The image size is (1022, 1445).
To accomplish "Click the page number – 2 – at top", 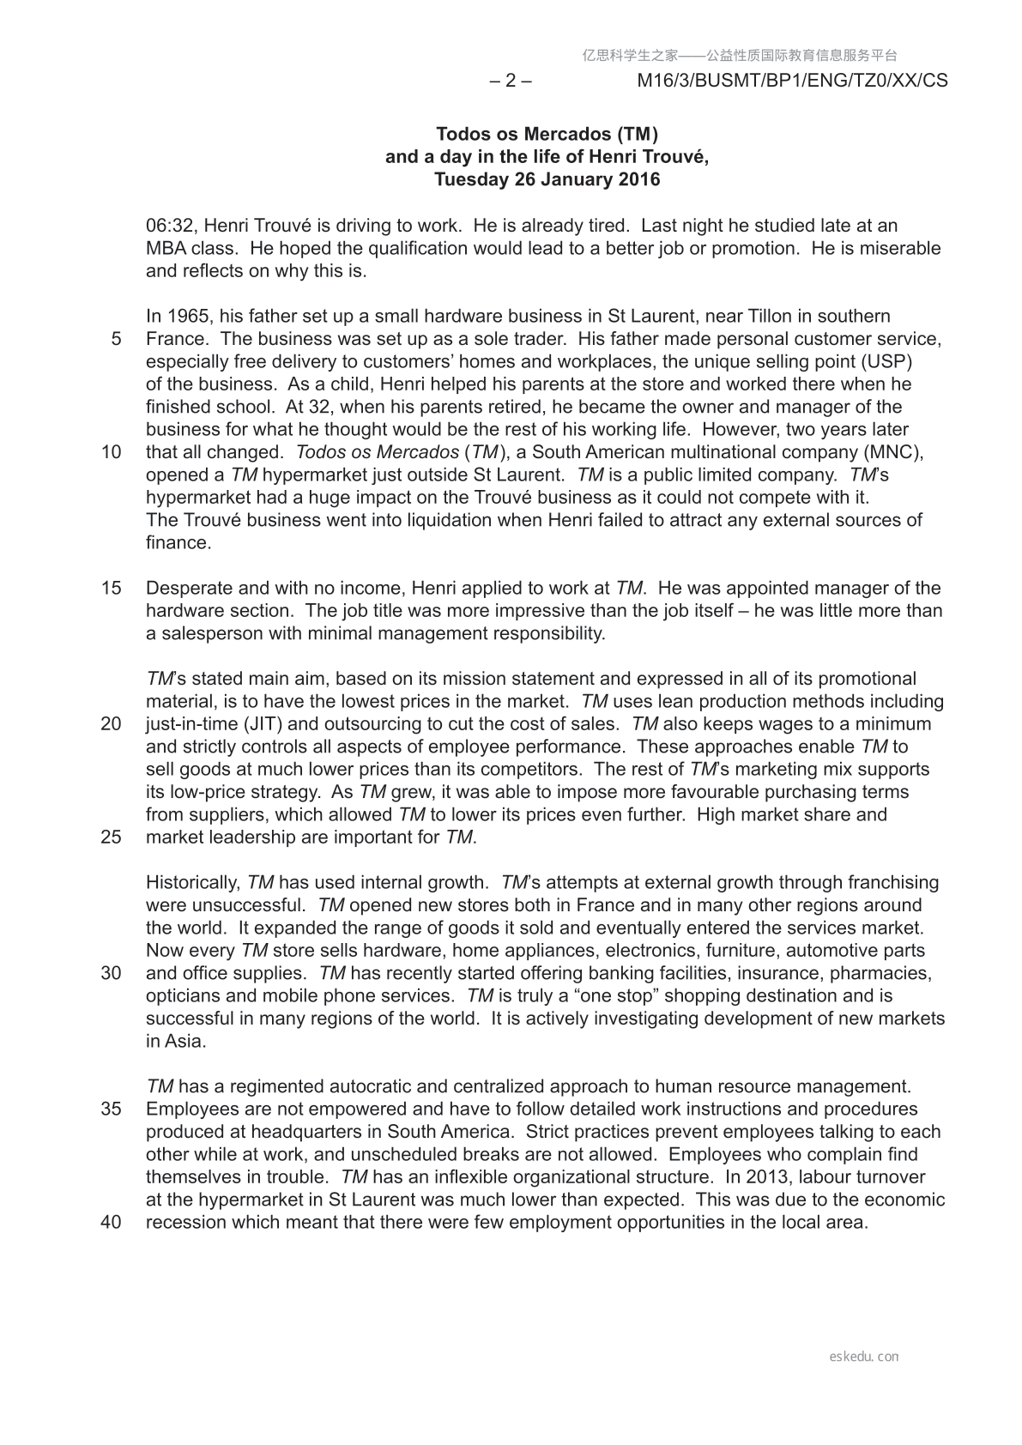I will coord(511,81).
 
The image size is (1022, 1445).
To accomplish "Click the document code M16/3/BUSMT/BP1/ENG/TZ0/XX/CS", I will coord(792,81).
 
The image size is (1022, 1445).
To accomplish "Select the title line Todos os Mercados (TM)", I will coord(547,134).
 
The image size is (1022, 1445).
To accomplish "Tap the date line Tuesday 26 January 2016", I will coord(547,179).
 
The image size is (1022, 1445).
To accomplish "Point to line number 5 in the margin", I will coord(116,339).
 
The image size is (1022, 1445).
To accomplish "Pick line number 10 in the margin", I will coord(112,452).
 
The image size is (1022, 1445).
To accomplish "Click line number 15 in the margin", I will coord(112,589).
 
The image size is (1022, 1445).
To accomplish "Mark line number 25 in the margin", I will coord(112,837).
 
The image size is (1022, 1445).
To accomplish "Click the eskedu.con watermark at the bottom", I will coord(864,1357).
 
